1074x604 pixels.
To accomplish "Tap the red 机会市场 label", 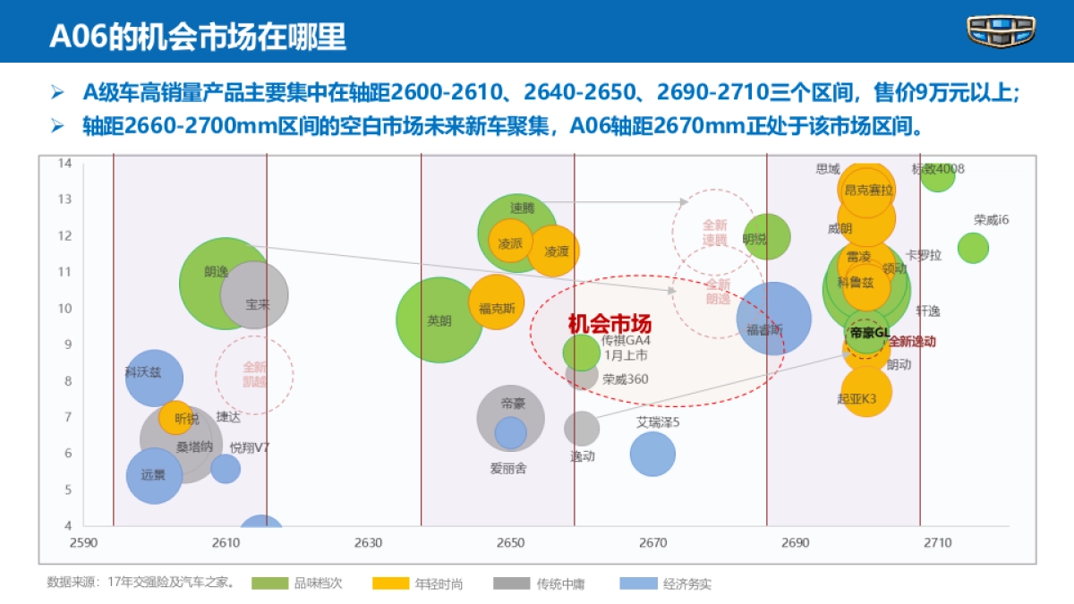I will tap(609, 325).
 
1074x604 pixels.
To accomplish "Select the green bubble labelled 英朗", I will tap(439, 319).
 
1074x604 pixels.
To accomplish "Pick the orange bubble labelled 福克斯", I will tap(496, 302).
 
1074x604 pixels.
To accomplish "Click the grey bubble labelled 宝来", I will tap(255, 294).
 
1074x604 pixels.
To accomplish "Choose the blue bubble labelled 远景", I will tap(154, 474).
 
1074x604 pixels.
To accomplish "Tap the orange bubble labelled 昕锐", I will tap(175, 417).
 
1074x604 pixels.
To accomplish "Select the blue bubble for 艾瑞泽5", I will tap(652, 454).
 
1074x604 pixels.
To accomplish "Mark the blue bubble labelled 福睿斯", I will tap(774, 319).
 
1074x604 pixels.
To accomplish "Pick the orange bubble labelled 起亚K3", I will tap(865, 390).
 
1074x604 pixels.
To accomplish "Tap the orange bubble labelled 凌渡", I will tap(553, 251).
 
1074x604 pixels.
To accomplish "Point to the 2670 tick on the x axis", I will tap(653, 543).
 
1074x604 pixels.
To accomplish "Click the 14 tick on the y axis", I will tap(65, 163).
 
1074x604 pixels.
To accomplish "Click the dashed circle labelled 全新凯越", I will tap(254, 374).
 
